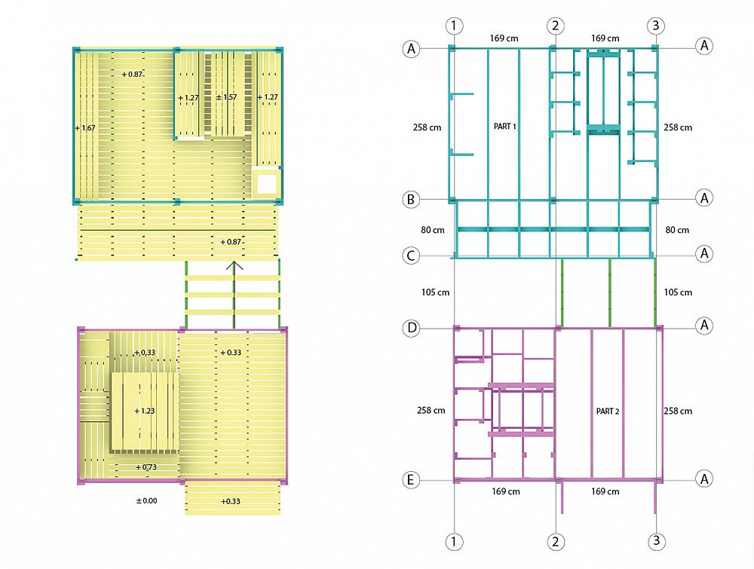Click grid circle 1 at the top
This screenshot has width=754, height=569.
(x=454, y=26)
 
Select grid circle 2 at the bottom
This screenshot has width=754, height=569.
(x=556, y=542)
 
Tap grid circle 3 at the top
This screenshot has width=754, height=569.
(x=656, y=26)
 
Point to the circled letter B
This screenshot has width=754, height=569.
(x=411, y=200)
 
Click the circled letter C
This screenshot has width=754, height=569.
(x=411, y=255)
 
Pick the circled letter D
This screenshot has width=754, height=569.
(x=412, y=329)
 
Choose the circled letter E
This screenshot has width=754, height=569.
(x=411, y=479)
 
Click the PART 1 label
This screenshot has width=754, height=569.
(x=505, y=127)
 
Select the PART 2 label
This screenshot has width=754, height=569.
(x=607, y=411)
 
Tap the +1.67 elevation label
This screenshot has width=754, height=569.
(x=85, y=128)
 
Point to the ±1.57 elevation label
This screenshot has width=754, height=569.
(x=226, y=97)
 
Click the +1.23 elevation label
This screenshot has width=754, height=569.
(x=144, y=411)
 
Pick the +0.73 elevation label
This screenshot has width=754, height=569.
(x=146, y=467)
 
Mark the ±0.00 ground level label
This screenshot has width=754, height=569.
(x=147, y=500)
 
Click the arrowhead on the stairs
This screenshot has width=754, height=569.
(x=234, y=265)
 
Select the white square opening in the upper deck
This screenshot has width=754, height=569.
(x=267, y=184)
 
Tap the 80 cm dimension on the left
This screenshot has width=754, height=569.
(x=433, y=230)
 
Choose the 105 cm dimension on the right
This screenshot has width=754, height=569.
(x=678, y=292)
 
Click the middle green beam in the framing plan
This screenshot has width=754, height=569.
(x=609, y=293)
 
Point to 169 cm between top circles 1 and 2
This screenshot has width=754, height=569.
(x=504, y=38)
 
